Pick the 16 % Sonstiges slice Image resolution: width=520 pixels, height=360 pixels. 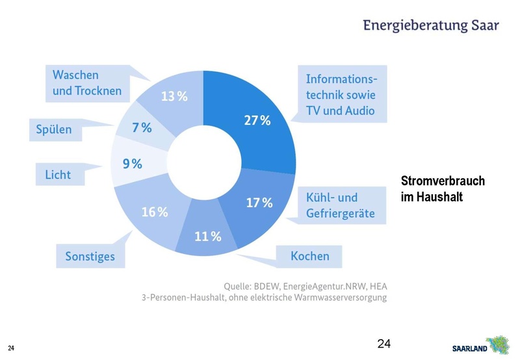click(153, 211)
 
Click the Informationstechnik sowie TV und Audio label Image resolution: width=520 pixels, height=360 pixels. click(341, 95)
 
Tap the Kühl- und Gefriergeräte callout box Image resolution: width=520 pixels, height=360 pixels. click(341, 205)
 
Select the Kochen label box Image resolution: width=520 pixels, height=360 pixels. click(309, 256)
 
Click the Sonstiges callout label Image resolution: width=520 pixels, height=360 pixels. click(90, 256)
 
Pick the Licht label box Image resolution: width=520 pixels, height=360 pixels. click(58, 175)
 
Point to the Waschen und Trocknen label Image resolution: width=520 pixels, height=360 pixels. click(87, 83)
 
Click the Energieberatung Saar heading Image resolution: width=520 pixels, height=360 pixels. click(431, 25)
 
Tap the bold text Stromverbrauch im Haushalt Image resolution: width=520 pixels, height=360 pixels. click(443, 188)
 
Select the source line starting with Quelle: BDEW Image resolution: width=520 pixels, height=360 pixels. click(305, 286)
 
